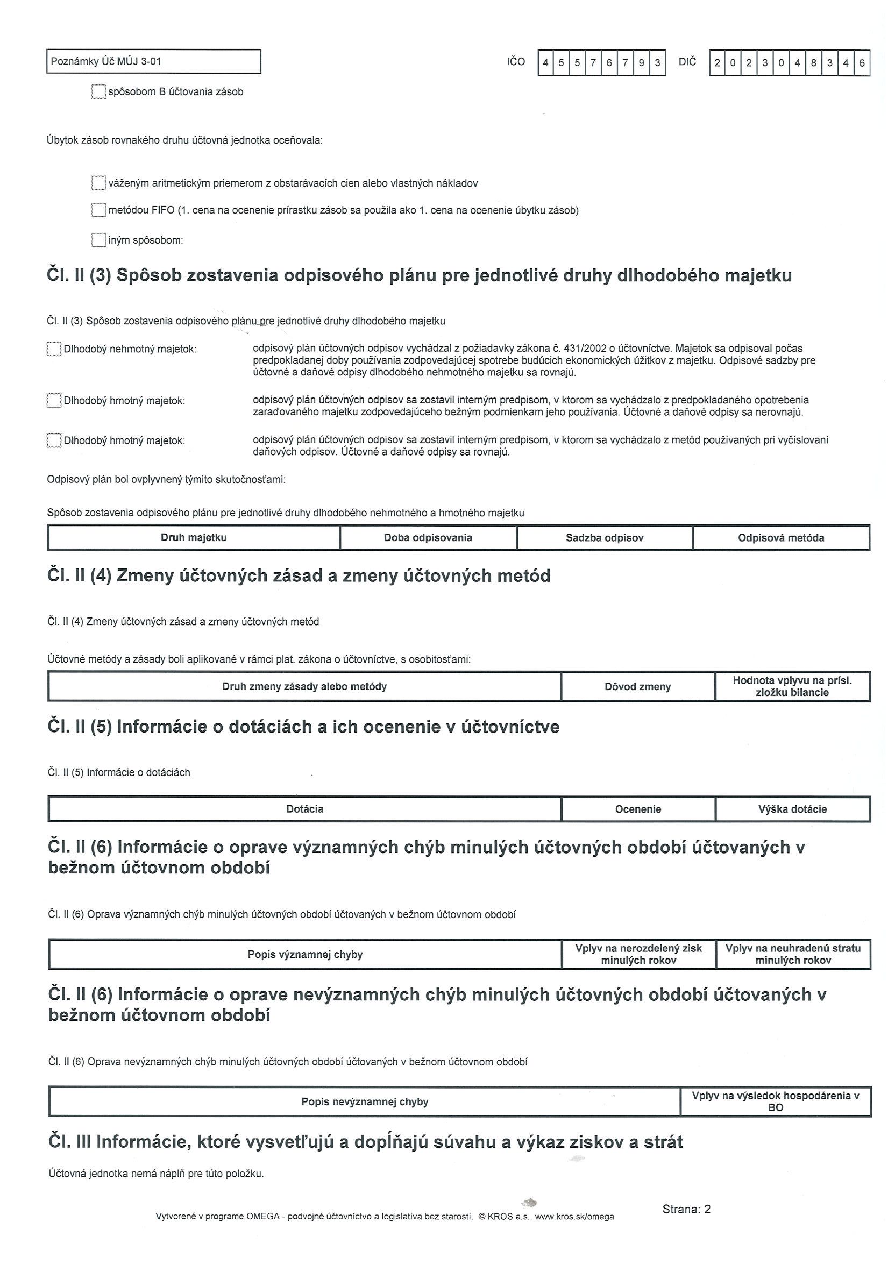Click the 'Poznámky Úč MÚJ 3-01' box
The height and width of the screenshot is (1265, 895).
(x=153, y=61)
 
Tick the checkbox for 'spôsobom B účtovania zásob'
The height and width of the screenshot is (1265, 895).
(x=98, y=91)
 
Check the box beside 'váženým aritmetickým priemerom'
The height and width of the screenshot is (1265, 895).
(x=98, y=183)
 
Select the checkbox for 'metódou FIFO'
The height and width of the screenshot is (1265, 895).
(x=98, y=210)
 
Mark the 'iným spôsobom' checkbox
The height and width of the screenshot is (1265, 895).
(x=98, y=240)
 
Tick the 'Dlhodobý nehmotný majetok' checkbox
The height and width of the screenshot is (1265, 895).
(x=53, y=349)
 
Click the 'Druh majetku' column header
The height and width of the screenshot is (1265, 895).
(x=194, y=538)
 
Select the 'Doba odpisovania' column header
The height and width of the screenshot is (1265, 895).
(x=428, y=538)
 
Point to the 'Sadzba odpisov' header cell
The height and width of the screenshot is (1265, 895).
(x=604, y=538)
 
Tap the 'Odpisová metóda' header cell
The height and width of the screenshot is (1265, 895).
(x=780, y=538)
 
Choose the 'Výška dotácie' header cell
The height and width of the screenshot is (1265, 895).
(x=792, y=809)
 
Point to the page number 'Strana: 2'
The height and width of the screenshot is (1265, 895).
(x=686, y=1210)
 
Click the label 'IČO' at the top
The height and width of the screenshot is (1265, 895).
(x=516, y=62)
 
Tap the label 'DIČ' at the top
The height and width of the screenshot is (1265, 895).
(x=687, y=62)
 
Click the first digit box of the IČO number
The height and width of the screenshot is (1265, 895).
(x=545, y=63)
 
